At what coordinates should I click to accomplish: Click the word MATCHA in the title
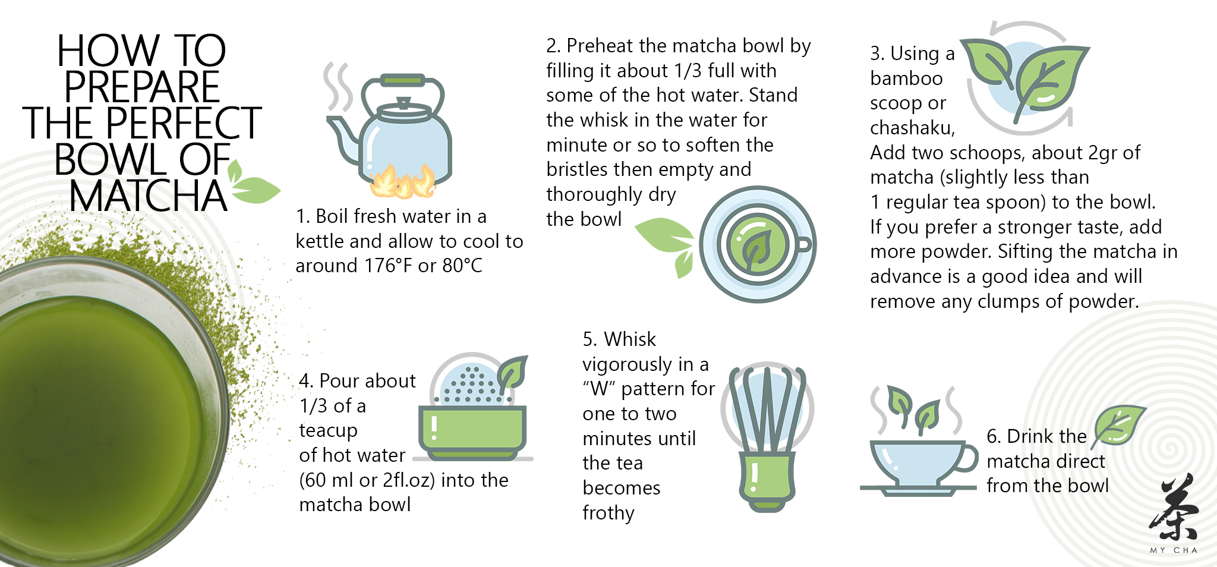(x=148, y=197)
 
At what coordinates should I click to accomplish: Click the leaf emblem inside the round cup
(x=756, y=245)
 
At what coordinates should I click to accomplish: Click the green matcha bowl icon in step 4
(x=473, y=431)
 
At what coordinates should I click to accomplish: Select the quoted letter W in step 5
(x=600, y=389)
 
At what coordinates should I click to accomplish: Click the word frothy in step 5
(x=608, y=513)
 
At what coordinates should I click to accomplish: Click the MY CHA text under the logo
(x=1174, y=550)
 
